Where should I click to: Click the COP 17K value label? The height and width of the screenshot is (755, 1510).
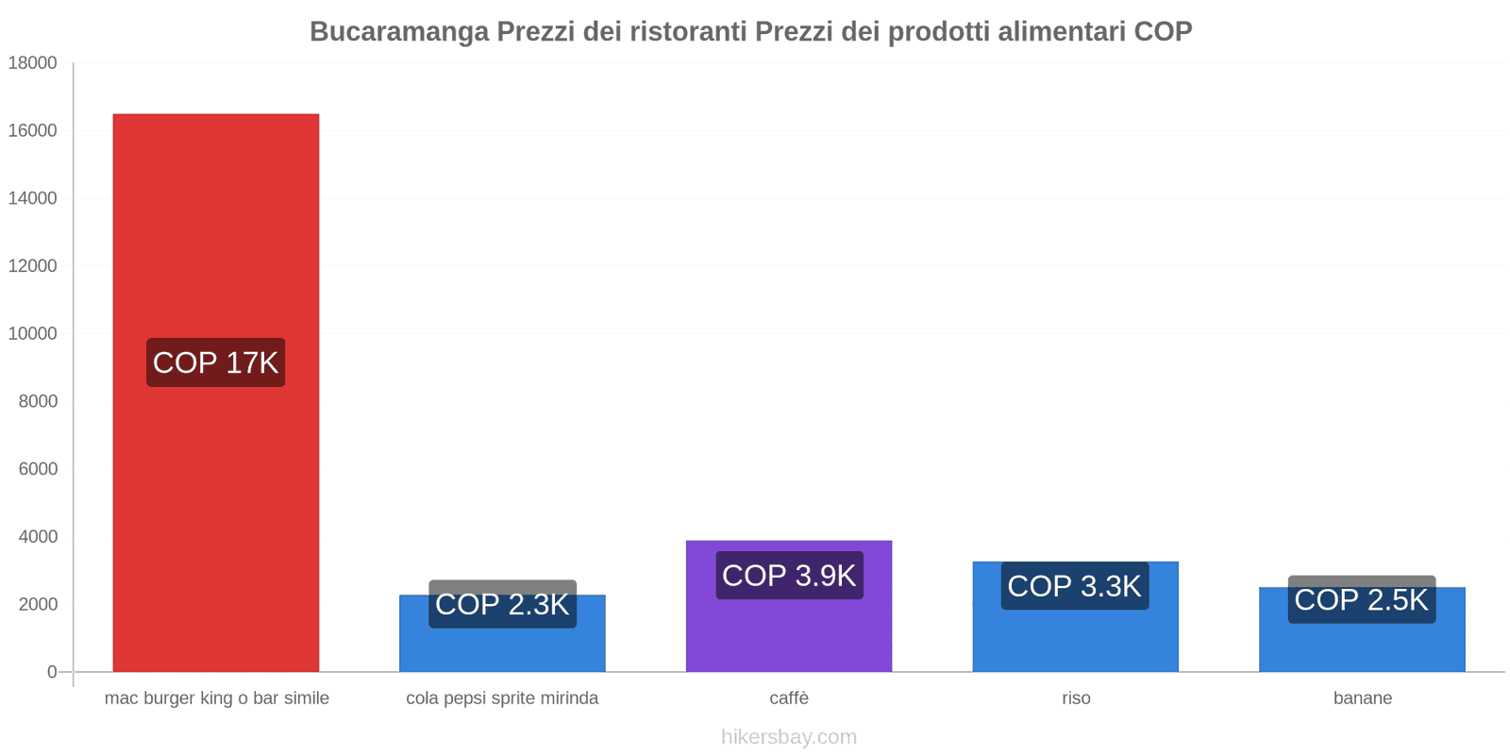[x=215, y=362]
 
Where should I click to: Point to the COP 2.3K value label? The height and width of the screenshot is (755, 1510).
[x=502, y=604]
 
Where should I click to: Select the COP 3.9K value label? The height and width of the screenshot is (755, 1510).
[x=789, y=575]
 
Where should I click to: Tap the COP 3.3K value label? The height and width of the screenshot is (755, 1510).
[x=1074, y=586]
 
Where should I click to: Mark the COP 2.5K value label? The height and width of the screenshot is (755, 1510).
[x=1361, y=599]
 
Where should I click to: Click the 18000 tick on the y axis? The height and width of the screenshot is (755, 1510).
[x=33, y=63]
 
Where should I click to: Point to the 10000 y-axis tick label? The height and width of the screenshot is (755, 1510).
[x=33, y=334]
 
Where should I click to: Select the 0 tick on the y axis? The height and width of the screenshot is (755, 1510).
[x=52, y=672]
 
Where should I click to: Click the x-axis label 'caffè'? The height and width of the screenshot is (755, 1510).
[x=789, y=698]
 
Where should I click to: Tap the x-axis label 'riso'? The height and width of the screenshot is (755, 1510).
[x=1076, y=698]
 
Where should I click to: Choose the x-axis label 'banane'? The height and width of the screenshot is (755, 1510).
[x=1362, y=698]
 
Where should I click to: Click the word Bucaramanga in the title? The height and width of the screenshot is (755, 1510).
[x=399, y=32]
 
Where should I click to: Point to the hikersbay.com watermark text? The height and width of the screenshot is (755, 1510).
[x=789, y=737]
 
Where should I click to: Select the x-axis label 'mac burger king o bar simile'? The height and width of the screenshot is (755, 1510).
[x=217, y=698]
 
